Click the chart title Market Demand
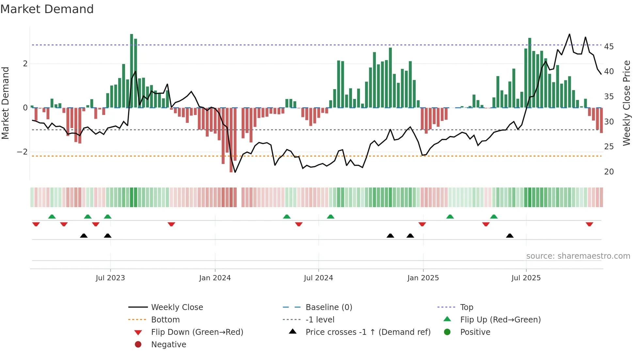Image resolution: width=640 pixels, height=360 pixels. click(47, 9)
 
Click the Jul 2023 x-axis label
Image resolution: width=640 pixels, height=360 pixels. click(110, 278)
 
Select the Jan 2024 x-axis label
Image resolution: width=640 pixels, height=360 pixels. click(215, 278)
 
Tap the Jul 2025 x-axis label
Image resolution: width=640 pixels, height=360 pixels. click(526, 278)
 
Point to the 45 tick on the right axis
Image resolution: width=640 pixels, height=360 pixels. click(609, 47)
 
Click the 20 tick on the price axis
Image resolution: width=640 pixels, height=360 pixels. click(609, 172)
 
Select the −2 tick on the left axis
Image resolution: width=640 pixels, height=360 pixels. click(22, 152)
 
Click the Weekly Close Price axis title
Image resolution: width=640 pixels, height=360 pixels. click(626, 103)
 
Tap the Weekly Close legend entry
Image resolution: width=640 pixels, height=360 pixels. click(177, 307)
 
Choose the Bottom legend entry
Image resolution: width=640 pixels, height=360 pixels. click(165, 320)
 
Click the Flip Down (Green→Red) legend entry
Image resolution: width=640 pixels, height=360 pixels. click(197, 332)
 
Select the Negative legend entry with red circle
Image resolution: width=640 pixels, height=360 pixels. click(168, 345)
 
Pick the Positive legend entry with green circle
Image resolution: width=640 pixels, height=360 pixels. click(475, 332)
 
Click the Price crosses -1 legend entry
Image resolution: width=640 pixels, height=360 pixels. click(368, 332)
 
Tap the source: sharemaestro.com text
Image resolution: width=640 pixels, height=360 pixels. click(578, 256)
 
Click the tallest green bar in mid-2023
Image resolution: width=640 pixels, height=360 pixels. click(132, 70)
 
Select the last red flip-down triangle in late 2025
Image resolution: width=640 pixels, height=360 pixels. click(589, 224)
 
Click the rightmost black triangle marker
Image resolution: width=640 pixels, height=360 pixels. click(510, 236)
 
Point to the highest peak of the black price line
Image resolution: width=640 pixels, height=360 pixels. click(569, 34)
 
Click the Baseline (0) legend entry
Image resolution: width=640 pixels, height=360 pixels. click(328, 307)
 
